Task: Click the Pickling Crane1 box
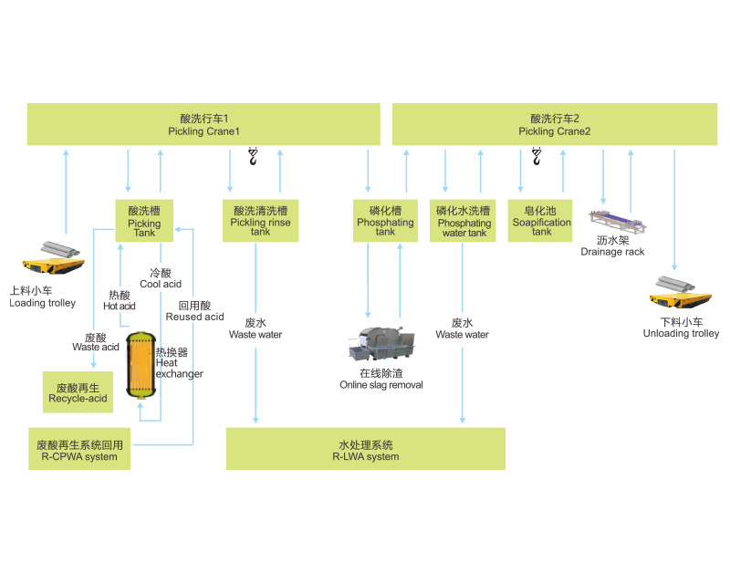[x=203, y=124]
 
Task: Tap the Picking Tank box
[x=143, y=221]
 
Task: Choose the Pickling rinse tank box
[x=261, y=221]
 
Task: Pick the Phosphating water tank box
[x=463, y=221]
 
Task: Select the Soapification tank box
[x=541, y=221]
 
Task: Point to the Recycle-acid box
[x=78, y=391]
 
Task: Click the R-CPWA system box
[x=78, y=449]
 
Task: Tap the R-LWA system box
[x=365, y=449]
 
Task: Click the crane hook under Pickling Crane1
[x=254, y=158]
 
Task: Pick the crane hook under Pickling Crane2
[x=537, y=158]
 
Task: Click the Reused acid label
[x=194, y=311]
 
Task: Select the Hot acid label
[x=119, y=300]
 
